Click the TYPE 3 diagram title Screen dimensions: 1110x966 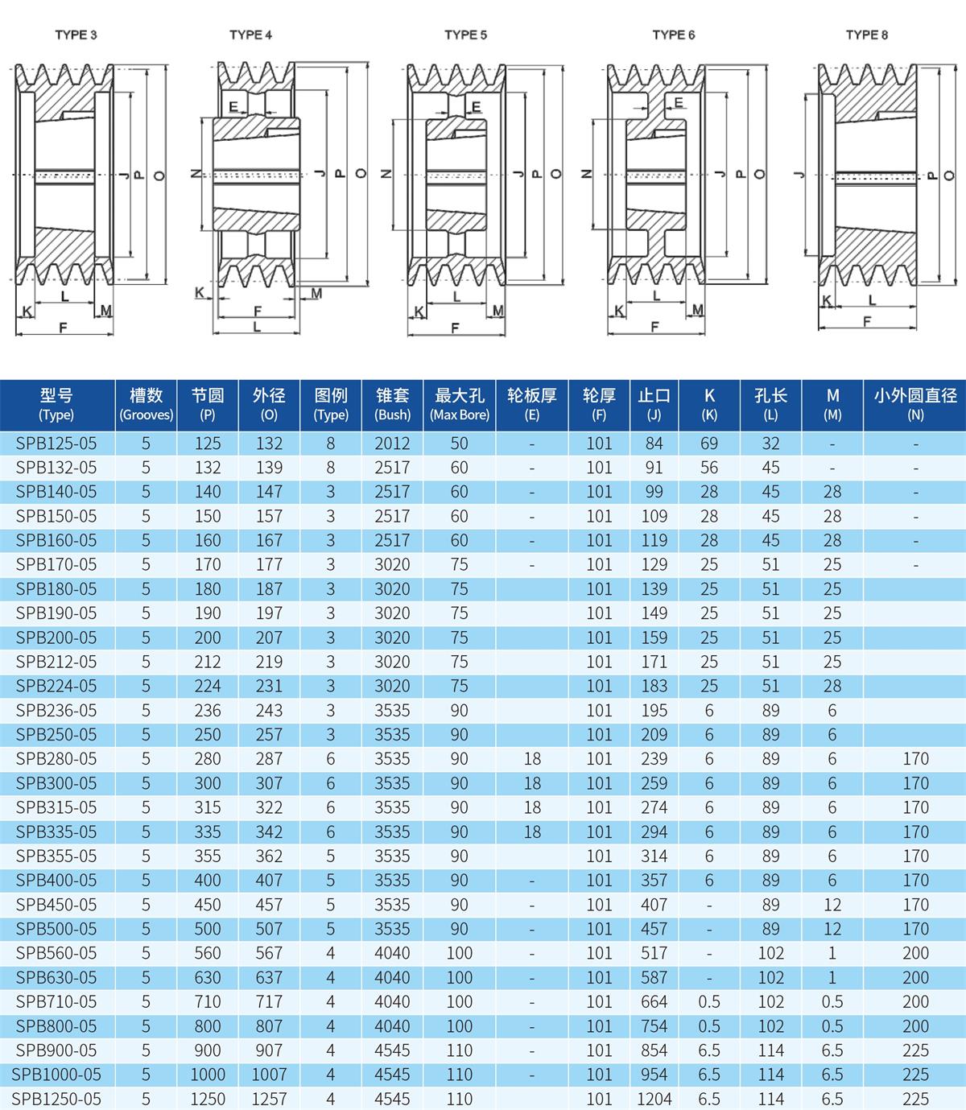tap(76, 35)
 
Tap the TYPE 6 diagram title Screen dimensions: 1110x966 tap(673, 35)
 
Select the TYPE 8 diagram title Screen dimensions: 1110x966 tap(867, 35)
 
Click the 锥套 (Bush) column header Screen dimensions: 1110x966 tap(392, 404)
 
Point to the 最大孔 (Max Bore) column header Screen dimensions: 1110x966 tap(459, 404)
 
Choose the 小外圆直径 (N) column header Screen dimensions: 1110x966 tap(915, 404)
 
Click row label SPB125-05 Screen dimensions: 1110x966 tap(56, 444)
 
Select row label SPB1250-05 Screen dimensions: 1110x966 tap(56, 1099)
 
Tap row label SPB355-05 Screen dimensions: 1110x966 tap(56, 856)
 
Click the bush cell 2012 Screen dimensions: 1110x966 tap(392, 444)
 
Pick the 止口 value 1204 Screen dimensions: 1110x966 tap(654, 1099)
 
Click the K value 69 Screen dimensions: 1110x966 tap(709, 444)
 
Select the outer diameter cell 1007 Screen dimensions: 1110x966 tap(269, 1075)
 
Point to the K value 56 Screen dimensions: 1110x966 tap(709, 468)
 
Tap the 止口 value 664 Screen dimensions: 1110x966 tap(654, 1002)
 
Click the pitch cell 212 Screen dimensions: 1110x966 tap(208, 662)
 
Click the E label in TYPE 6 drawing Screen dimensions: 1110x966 tap(679, 103)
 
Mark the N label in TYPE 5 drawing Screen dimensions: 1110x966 tap(386, 174)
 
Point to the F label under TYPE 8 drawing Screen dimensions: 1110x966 tap(867, 321)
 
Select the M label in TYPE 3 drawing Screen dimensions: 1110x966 tap(105, 311)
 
